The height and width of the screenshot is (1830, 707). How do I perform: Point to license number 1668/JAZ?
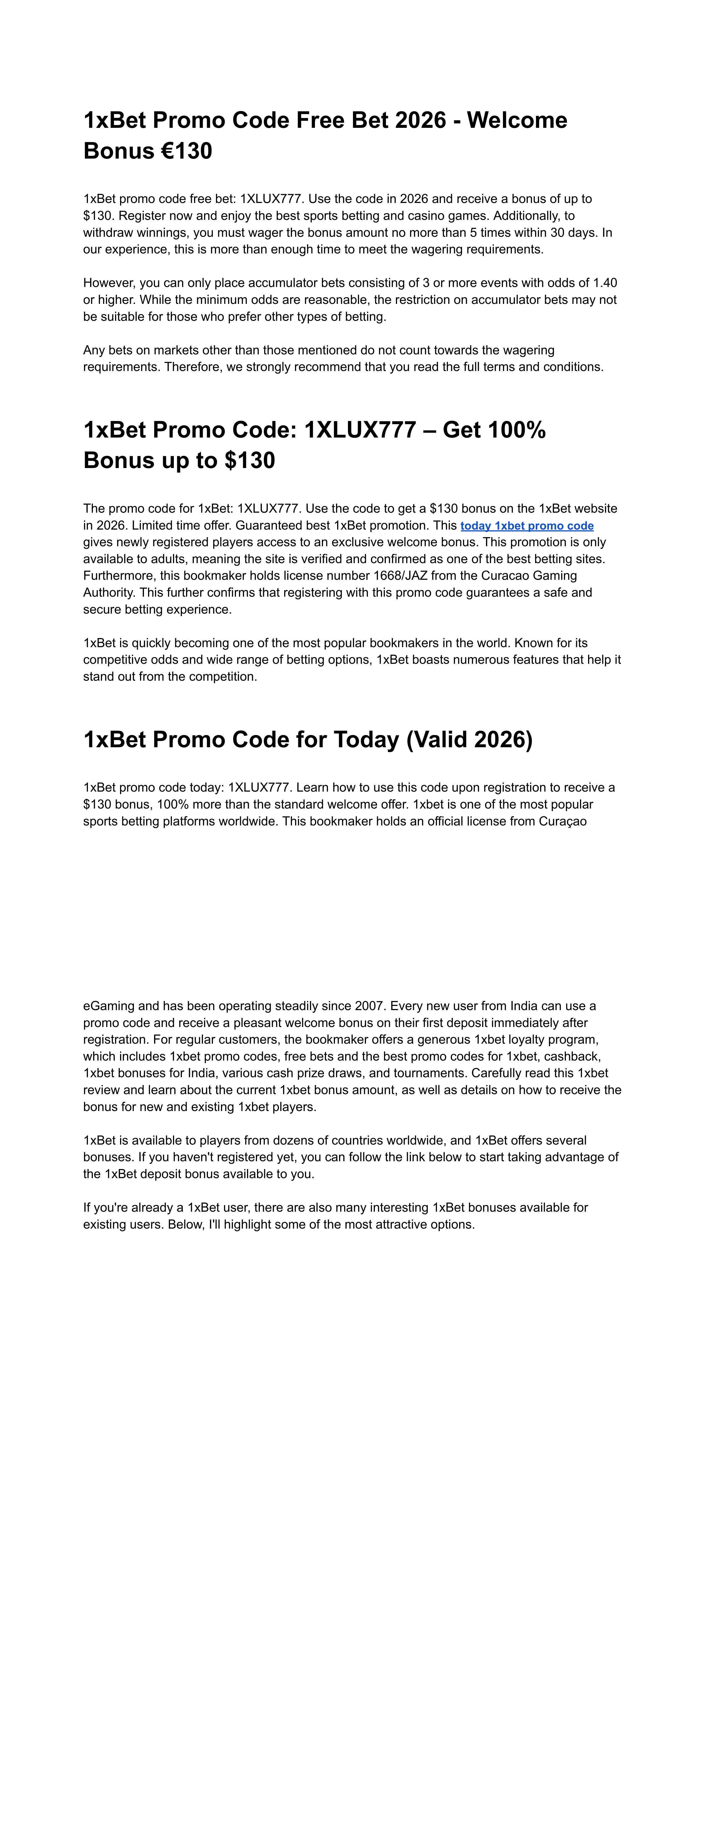(400, 575)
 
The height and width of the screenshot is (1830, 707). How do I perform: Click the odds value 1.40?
(605, 283)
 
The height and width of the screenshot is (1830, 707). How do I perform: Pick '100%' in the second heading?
(515, 430)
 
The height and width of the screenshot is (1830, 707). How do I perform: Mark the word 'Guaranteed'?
(266, 526)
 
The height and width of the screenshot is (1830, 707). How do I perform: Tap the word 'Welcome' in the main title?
(517, 120)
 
